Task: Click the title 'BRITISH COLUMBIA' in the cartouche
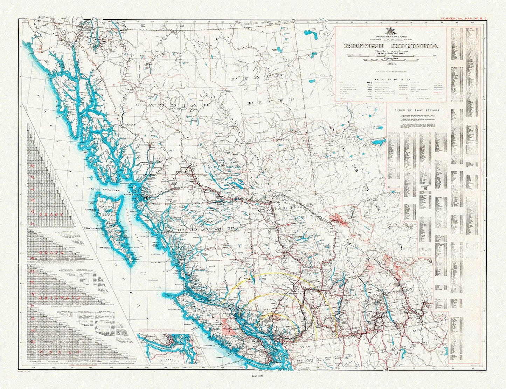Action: (390, 46)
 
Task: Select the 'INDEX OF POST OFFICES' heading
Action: (417, 110)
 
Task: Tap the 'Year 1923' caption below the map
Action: (253, 376)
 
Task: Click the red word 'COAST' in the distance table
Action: (51, 214)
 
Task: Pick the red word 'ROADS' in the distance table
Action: (51, 252)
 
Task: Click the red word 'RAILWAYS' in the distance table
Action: (56, 297)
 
